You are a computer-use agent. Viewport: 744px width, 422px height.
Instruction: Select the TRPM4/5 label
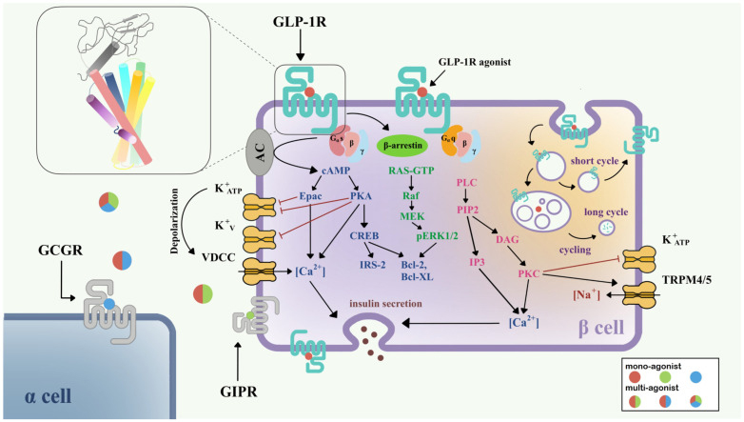688,283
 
